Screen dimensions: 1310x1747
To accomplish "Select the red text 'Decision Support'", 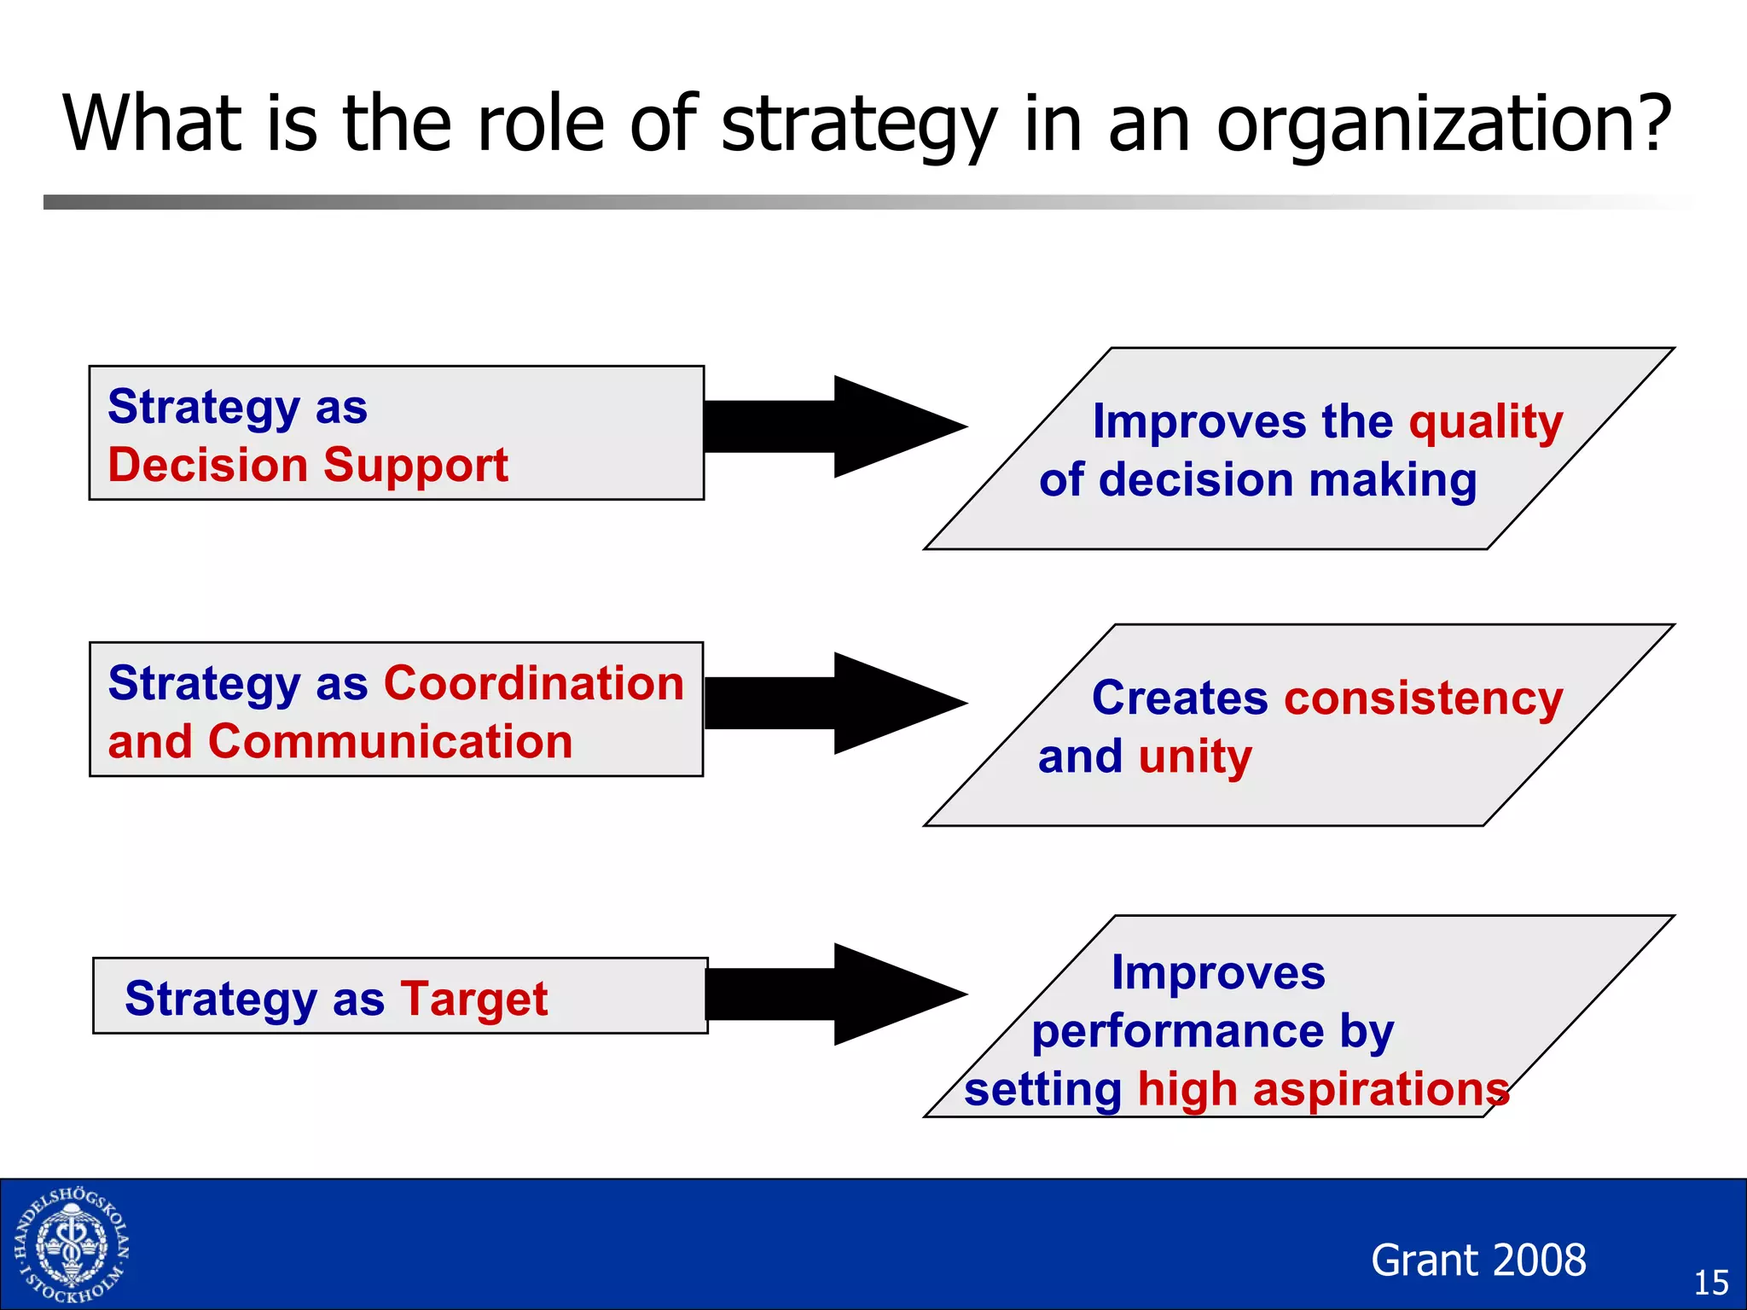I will (308, 466).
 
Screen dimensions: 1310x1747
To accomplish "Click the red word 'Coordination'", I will (534, 683).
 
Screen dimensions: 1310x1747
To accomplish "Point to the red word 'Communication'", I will (390, 741).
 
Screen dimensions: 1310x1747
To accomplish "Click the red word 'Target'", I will (474, 999).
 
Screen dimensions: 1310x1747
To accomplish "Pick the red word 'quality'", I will (1486, 422).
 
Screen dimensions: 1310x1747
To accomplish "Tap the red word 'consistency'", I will (1423, 698).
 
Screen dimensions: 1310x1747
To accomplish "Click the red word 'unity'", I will (1195, 757).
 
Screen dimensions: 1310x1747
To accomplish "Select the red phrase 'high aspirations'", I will (1322, 1090).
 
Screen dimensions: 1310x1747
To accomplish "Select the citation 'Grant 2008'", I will (1478, 1261).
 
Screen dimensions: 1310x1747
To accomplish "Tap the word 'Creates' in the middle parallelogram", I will (1180, 698).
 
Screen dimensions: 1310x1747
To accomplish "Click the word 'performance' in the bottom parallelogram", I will (1177, 1032).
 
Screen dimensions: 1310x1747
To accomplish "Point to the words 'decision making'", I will (1288, 480).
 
